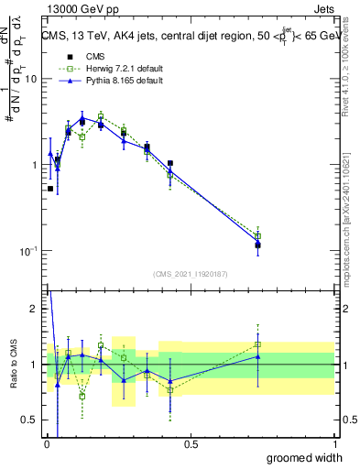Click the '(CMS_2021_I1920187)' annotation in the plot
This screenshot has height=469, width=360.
190,273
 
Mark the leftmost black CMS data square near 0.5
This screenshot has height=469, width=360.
49,189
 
